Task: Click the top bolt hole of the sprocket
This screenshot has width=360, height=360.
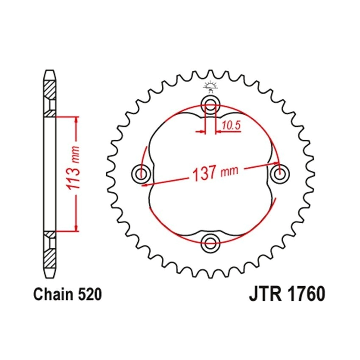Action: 210,105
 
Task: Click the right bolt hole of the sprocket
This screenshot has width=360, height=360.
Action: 280,173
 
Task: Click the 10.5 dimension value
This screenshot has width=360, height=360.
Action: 231,125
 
